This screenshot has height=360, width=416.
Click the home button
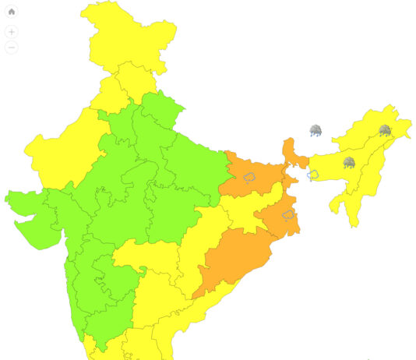click(12, 12)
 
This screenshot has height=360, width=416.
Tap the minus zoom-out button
click(12, 48)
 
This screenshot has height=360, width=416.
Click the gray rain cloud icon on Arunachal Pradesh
click(384, 130)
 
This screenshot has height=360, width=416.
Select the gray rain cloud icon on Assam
click(349, 162)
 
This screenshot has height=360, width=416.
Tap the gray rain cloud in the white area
click(316, 130)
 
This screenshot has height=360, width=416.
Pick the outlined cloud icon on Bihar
click(250, 177)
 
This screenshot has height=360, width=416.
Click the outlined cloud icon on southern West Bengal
click(287, 214)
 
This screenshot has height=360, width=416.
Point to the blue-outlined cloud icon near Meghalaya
click(313, 175)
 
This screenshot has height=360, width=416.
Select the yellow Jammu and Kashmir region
click(125, 35)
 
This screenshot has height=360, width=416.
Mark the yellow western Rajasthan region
click(58, 152)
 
